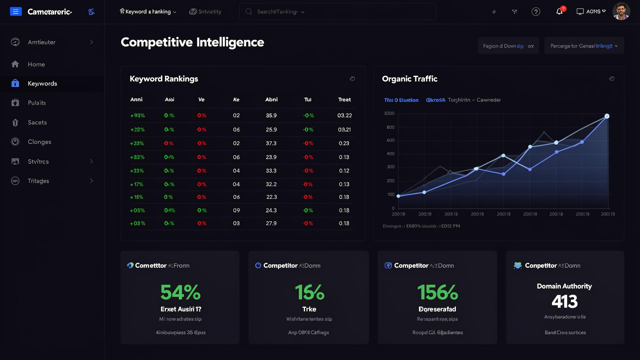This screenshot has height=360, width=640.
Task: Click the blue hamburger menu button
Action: [16, 12]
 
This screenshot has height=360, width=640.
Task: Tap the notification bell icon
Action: [559, 12]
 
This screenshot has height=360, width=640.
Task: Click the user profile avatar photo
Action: [621, 11]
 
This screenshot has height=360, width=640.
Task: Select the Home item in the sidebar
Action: [36, 64]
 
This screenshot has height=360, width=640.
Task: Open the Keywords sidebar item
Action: [42, 84]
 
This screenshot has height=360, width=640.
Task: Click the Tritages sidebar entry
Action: [38, 181]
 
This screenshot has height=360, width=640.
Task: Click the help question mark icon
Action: [536, 12]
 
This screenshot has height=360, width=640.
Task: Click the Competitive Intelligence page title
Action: [192, 42]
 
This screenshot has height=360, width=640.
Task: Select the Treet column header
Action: [344, 100]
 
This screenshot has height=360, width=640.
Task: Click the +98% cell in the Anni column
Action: [137, 116]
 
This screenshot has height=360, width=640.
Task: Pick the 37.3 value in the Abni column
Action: [271, 143]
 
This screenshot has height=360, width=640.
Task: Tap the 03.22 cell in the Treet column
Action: [344, 116]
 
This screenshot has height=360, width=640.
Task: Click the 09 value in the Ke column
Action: [236, 210]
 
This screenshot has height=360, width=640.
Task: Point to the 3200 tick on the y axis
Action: [389, 113]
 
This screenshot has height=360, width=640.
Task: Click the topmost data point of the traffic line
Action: [607, 116]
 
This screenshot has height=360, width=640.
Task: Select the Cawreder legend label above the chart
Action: [488, 100]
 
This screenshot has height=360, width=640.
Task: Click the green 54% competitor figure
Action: [180, 292]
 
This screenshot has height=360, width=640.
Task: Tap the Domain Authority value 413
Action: [564, 302]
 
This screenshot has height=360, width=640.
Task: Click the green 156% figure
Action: [437, 292]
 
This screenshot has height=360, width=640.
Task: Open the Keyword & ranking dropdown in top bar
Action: [148, 12]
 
